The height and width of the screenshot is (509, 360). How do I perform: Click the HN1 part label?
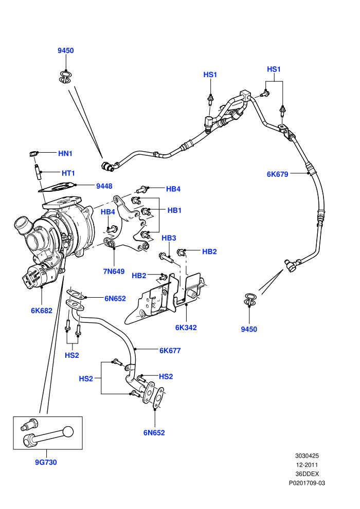click(x=65, y=154)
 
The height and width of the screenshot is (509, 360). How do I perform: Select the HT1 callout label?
click(x=68, y=173)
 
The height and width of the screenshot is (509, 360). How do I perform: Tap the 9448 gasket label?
click(x=104, y=186)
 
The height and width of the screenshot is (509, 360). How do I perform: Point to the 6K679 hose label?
click(x=278, y=174)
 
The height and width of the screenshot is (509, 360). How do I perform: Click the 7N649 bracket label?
click(x=114, y=271)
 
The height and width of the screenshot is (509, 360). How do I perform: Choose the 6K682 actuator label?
click(x=42, y=311)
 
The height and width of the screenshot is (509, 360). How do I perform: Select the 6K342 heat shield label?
click(x=186, y=328)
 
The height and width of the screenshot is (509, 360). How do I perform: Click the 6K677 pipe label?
click(x=170, y=351)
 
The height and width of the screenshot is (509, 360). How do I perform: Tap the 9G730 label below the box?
click(x=46, y=462)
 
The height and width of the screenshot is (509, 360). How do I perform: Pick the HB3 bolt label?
click(x=169, y=238)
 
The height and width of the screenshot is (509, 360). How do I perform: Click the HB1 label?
click(x=175, y=210)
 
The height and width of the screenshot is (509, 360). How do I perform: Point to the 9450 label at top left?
click(x=66, y=50)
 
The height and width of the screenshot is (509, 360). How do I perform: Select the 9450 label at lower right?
click(x=249, y=329)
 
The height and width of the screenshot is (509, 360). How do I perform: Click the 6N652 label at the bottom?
click(x=154, y=433)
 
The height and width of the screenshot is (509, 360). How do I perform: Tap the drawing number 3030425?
click(x=307, y=456)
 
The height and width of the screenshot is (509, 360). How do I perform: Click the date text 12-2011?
click(x=307, y=465)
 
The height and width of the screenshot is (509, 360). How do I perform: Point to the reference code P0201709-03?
click(x=307, y=483)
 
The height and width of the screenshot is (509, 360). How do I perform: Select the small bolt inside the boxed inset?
click(x=29, y=424)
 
